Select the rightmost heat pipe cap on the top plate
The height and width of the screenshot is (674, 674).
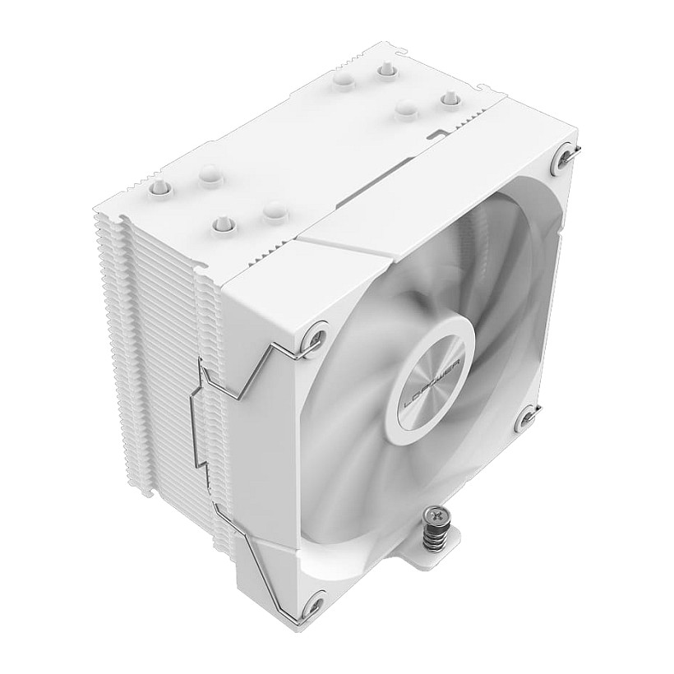pyautogui.click(x=448, y=99)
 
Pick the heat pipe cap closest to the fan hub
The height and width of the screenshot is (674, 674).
pyautogui.click(x=272, y=211)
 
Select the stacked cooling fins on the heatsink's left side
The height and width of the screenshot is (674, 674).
pyautogui.click(x=144, y=329)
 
